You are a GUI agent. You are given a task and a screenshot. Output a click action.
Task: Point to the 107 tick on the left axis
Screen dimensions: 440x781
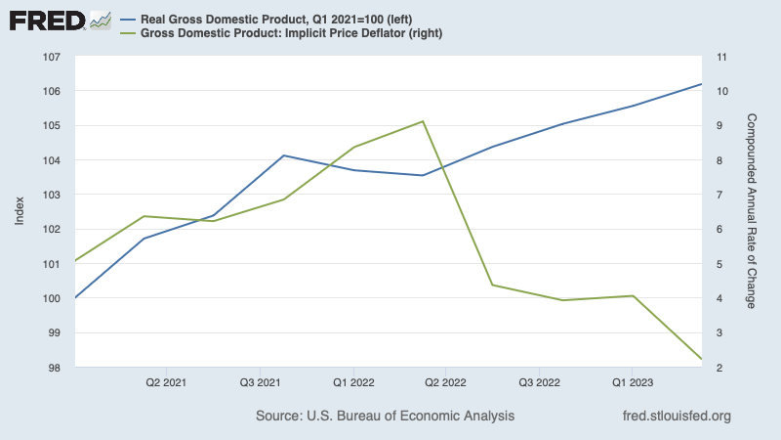(52, 57)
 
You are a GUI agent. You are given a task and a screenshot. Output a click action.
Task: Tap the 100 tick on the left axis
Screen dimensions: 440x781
(52, 298)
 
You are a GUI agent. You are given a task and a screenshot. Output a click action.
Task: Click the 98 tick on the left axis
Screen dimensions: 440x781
(52, 368)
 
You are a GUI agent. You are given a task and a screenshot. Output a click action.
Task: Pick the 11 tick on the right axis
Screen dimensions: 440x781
(722, 57)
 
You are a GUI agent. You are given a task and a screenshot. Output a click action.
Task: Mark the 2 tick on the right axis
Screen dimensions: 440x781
(719, 368)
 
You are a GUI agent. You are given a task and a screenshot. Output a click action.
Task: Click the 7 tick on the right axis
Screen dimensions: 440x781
(719, 195)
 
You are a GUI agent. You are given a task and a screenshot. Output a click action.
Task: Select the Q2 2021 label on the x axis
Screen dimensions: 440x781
(167, 382)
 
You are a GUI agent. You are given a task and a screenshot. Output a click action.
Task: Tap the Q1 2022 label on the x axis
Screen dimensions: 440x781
(352, 382)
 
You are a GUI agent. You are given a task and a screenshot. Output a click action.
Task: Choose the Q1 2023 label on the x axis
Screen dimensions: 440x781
(632, 382)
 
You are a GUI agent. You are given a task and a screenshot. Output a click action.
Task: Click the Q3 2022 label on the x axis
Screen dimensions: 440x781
(539, 382)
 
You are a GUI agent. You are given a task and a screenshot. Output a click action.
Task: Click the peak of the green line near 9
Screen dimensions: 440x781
(423, 121)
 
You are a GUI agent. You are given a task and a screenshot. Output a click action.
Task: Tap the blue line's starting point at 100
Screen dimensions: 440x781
(75, 297)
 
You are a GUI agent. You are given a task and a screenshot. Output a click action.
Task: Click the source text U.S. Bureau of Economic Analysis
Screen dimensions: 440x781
(385, 417)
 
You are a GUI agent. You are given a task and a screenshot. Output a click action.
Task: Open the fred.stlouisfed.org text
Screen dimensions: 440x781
(676, 417)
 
